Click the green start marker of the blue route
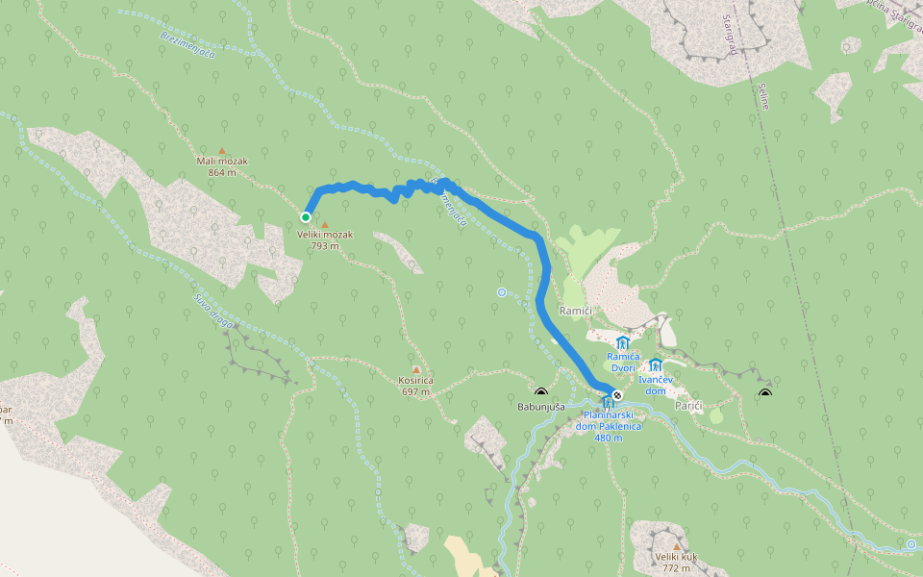(x=306, y=217)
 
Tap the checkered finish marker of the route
(x=617, y=395)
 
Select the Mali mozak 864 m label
(x=221, y=166)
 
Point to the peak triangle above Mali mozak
(x=222, y=150)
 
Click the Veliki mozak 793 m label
(x=325, y=239)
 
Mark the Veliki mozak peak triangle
(x=325, y=225)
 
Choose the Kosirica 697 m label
(x=416, y=386)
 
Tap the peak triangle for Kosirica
(x=416, y=369)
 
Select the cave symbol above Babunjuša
(x=540, y=392)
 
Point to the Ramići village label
(x=576, y=311)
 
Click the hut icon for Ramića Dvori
(x=623, y=343)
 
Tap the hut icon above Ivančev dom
(x=656, y=365)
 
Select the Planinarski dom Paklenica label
(x=609, y=425)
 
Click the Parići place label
(x=688, y=406)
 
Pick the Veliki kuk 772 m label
(x=676, y=562)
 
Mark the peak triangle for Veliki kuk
(x=676, y=546)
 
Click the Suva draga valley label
(x=212, y=310)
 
